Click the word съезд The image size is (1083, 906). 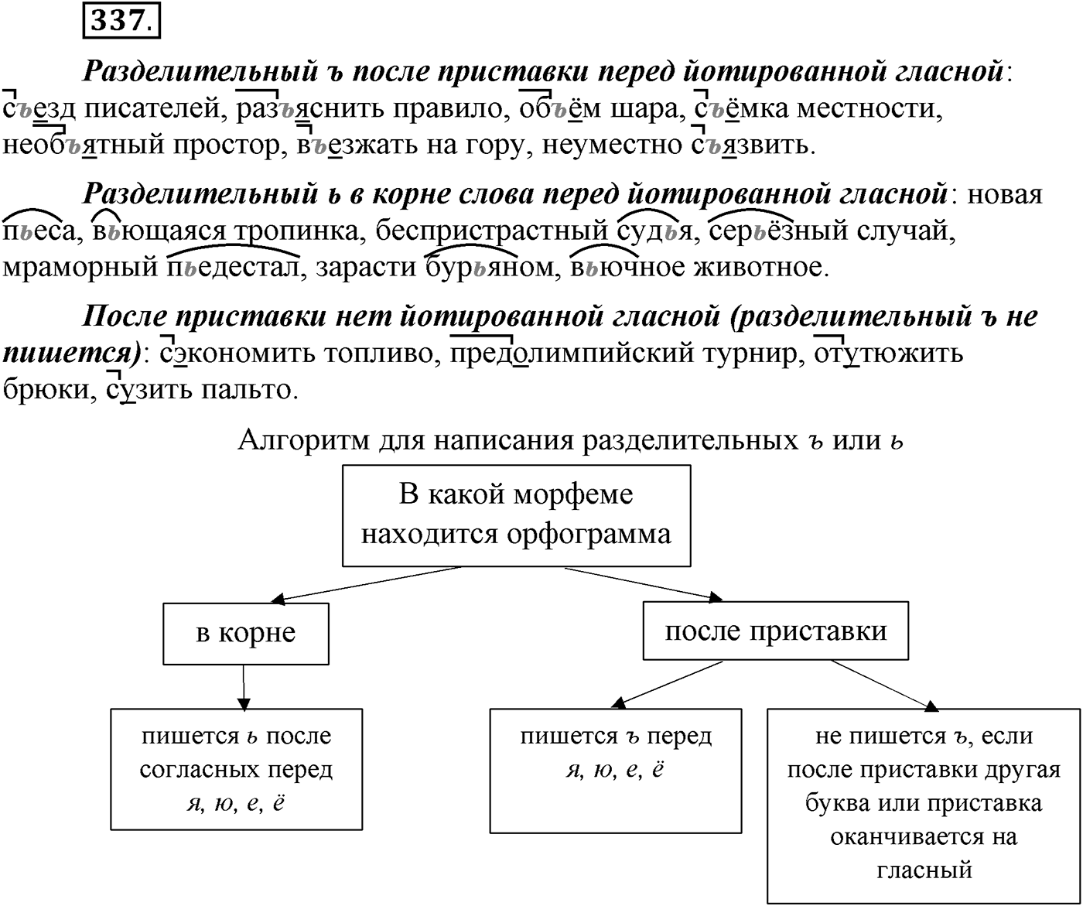(39, 108)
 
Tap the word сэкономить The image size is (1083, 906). (238, 354)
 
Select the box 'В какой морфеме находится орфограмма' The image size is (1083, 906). (517, 515)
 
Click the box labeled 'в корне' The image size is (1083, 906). (246, 634)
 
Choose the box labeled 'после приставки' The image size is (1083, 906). (776, 631)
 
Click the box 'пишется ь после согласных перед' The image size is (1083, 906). (237, 770)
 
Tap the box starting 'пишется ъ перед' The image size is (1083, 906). (616, 771)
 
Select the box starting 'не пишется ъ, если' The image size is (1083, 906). (924, 806)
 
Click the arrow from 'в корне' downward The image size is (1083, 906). (243, 687)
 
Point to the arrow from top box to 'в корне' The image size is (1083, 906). (366, 585)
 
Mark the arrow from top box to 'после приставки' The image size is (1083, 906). (644, 584)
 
